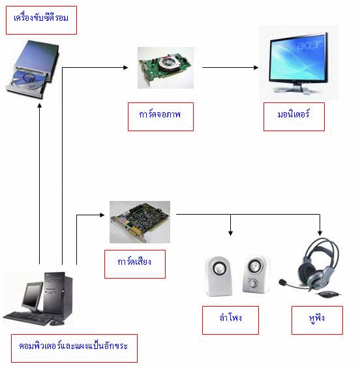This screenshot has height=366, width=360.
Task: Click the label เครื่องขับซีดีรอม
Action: [x=40, y=20]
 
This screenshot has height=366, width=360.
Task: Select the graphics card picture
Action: [x=165, y=67]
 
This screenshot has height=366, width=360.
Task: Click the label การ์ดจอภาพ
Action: [x=160, y=116]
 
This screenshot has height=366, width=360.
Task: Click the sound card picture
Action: [x=139, y=222]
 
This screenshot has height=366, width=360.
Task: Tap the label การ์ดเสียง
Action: [x=135, y=263]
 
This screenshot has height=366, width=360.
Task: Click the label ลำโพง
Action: [x=230, y=320]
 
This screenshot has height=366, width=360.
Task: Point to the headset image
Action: [x=312, y=267]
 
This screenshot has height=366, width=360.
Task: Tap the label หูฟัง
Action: [x=317, y=320]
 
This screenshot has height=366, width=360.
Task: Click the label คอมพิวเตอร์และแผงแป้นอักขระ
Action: [x=74, y=348]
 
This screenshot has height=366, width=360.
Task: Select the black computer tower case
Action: [x=59, y=297]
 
